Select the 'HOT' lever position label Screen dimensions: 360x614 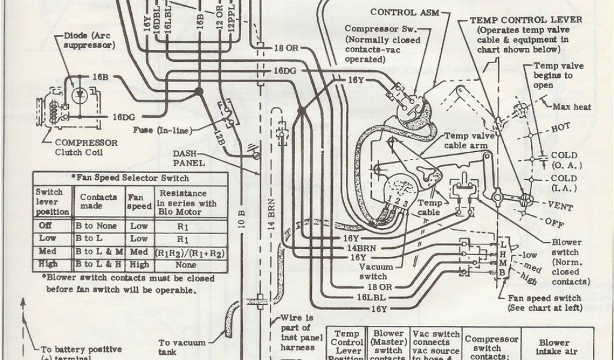561,128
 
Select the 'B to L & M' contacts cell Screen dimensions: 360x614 99,251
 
